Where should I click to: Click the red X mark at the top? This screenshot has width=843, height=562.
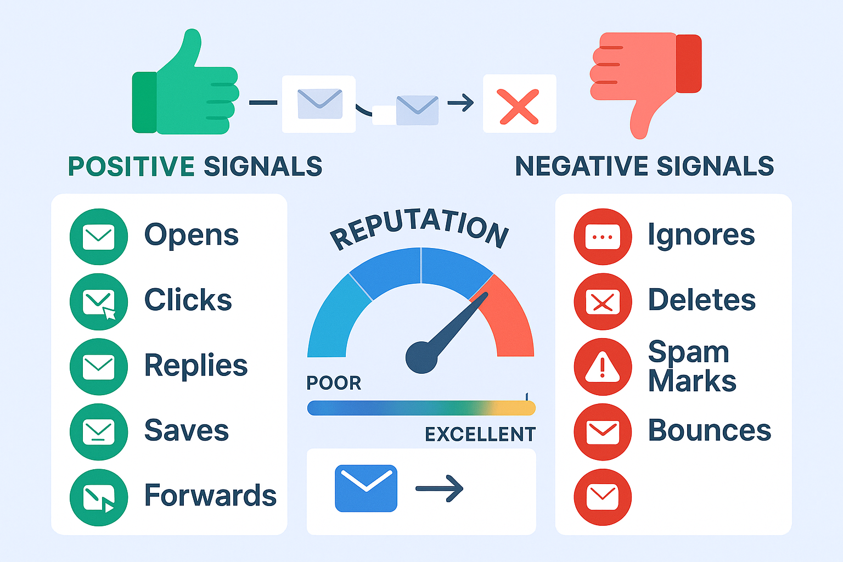tap(519, 106)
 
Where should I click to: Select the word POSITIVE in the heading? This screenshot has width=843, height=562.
tap(131, 166)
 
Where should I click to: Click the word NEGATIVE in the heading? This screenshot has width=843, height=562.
tap(582, 166)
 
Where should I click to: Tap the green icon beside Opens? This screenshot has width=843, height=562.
tap(99, 237)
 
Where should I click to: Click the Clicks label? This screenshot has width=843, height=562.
tap(188, 300)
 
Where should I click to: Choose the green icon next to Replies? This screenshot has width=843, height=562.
tap(99, 367)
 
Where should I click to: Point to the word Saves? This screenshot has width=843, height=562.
tap(187, 430)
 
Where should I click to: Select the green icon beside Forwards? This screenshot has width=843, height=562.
tap(99, 497)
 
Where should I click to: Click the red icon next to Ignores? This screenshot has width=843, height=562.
tap(603, 237)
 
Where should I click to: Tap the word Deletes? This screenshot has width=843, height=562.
tap(702, 300)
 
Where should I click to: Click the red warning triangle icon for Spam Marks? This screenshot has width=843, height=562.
tap(603, 367)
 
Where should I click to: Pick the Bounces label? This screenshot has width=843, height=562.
tap(710, 430)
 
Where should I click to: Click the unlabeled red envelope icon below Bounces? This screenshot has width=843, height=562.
tap(603, 497)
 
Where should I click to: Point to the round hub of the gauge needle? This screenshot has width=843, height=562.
tap(421, 358)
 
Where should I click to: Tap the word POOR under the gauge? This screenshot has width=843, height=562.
tap(334, 383)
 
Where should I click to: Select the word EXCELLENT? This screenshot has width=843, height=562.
tap(480, 434)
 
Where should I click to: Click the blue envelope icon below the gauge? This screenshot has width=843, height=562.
tap(366, 488)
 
